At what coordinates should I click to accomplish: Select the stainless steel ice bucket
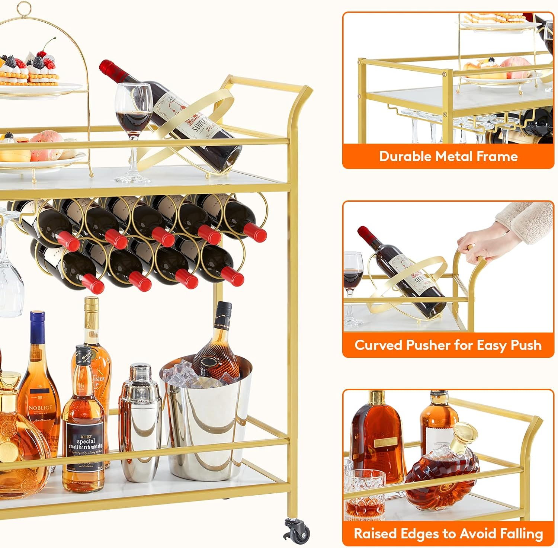206,428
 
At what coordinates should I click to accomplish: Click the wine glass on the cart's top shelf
133,123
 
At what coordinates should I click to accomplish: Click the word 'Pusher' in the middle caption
428,345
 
